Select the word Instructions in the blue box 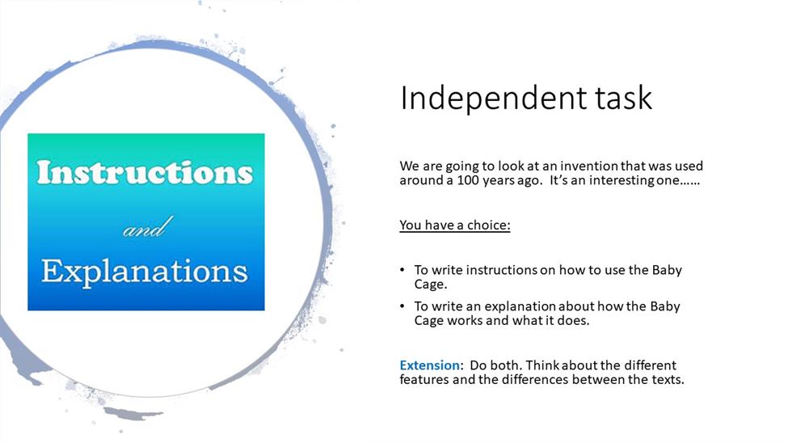pyautogui.click(x=145, y=172)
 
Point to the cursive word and pyautogui.click(x=148, y=227)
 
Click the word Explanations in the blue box pyautogui.click(x=144, y=272)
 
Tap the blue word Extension pyautogui.click(x=430, y=365)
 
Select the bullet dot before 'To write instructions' pyautogui.click(x=402, y=270)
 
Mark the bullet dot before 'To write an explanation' pyautogui.click(x=402, y=306)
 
